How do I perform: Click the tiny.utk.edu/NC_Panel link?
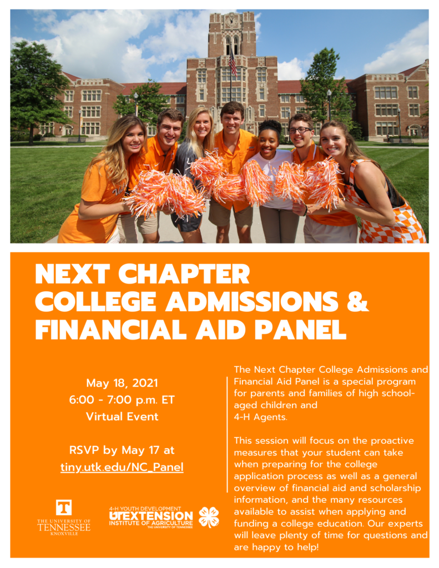(122, 467)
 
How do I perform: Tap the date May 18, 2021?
(122, 383)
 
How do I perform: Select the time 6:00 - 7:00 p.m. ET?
(122, 399)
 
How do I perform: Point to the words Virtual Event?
(122, 416)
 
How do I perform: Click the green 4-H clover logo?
(209, 517)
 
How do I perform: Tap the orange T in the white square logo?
(63, 508)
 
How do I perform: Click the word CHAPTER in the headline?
(184, 274)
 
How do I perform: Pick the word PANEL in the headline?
(300, 329)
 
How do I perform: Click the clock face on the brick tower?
(231, 21)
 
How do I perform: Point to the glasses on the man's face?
(300, 130)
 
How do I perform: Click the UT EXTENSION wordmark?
(151, 516)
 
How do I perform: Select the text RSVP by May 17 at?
(122, 450)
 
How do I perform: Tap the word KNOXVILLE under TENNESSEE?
(64, 534)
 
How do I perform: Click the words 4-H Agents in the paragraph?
(260, 417)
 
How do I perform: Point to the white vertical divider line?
(228, 434)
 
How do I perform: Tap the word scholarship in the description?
(396, 488)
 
